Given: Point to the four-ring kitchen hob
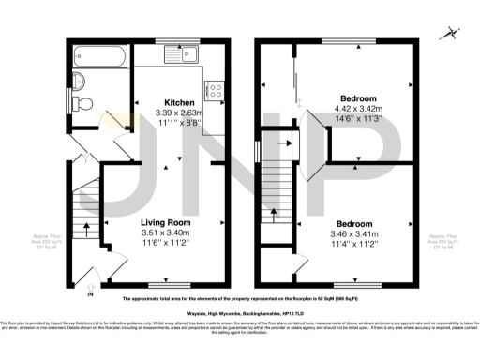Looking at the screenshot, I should tap(214, 92).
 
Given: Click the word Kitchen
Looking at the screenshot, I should tap(180, 102).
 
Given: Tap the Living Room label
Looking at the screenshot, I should tap(165, 223).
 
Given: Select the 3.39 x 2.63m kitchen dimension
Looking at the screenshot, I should tap(180, 112).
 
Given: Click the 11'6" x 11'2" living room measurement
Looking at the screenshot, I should tap(165, 243).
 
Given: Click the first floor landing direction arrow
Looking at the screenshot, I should tap(283, 144).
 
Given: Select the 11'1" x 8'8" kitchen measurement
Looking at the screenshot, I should tap(180, 123).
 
